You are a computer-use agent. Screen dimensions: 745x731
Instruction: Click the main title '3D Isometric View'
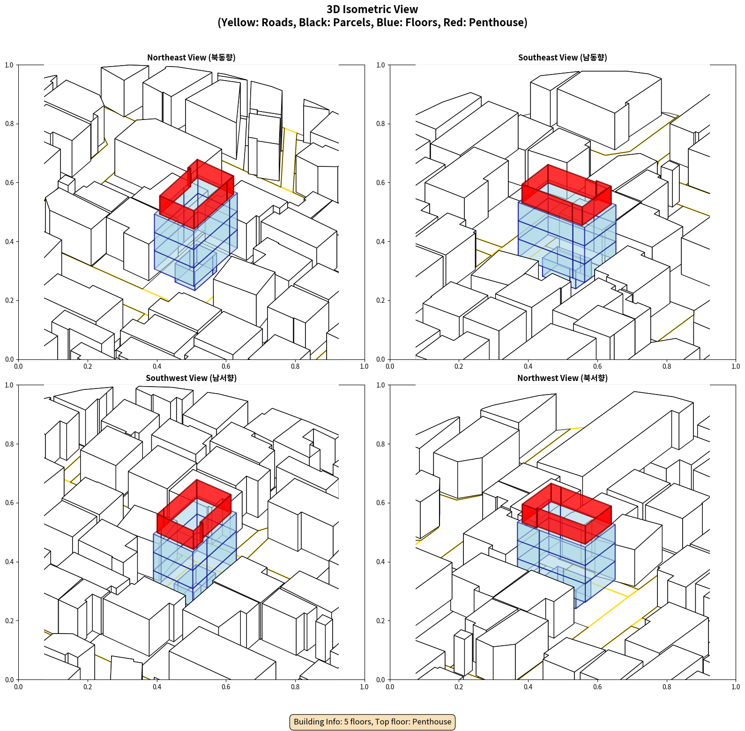(x=372, y=9)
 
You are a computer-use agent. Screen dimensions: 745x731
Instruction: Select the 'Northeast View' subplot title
(x=191, y=58)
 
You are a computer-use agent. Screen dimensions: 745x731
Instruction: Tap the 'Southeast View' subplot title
(x=562, y=58)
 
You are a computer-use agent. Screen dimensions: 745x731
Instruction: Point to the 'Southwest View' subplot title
(x=191, y=378)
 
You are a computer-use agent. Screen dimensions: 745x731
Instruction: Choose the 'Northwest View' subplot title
(x=562, y=378)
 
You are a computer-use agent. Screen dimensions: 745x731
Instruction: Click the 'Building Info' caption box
(x=372, y=722)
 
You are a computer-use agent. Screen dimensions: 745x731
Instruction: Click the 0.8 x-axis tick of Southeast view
(x=667, y=366)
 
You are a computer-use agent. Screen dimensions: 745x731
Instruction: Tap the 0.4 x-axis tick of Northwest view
(x=528, y=687)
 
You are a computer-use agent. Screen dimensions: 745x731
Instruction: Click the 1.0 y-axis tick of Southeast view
(x=381, y=65)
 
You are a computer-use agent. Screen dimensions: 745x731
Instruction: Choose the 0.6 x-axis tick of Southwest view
(x=226, y=687)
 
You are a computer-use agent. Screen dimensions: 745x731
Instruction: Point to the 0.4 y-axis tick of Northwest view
(x=381, y=562)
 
